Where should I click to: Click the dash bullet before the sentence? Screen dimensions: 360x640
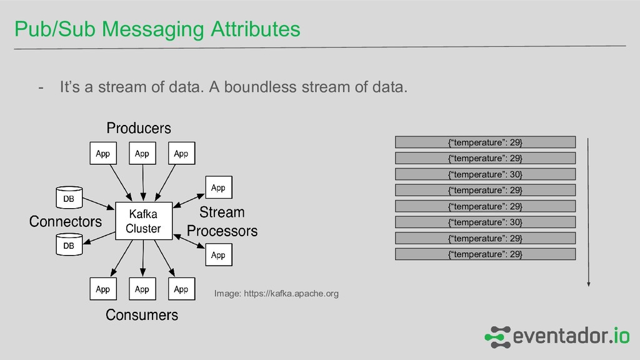pyautogui.click(x=41, y=87)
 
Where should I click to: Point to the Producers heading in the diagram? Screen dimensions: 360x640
pyautogui.click(x=138, y=128)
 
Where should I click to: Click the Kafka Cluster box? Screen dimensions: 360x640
pyautogui.click(x=143, y=221)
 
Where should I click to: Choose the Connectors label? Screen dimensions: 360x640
pyautogui.click(x=66, y=221)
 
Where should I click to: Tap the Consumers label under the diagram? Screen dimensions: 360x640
pyautogui.click(x=142, y=314)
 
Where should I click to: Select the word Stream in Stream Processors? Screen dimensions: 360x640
pyautogui.click(x=222, y=212)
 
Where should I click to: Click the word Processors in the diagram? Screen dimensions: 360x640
pyautogui.click(x=222, y=231)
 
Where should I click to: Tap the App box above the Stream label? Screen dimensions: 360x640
pyautogui.click(x=218, y=187)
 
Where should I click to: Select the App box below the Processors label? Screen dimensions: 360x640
pyautogui.click(x=218, y=255)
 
